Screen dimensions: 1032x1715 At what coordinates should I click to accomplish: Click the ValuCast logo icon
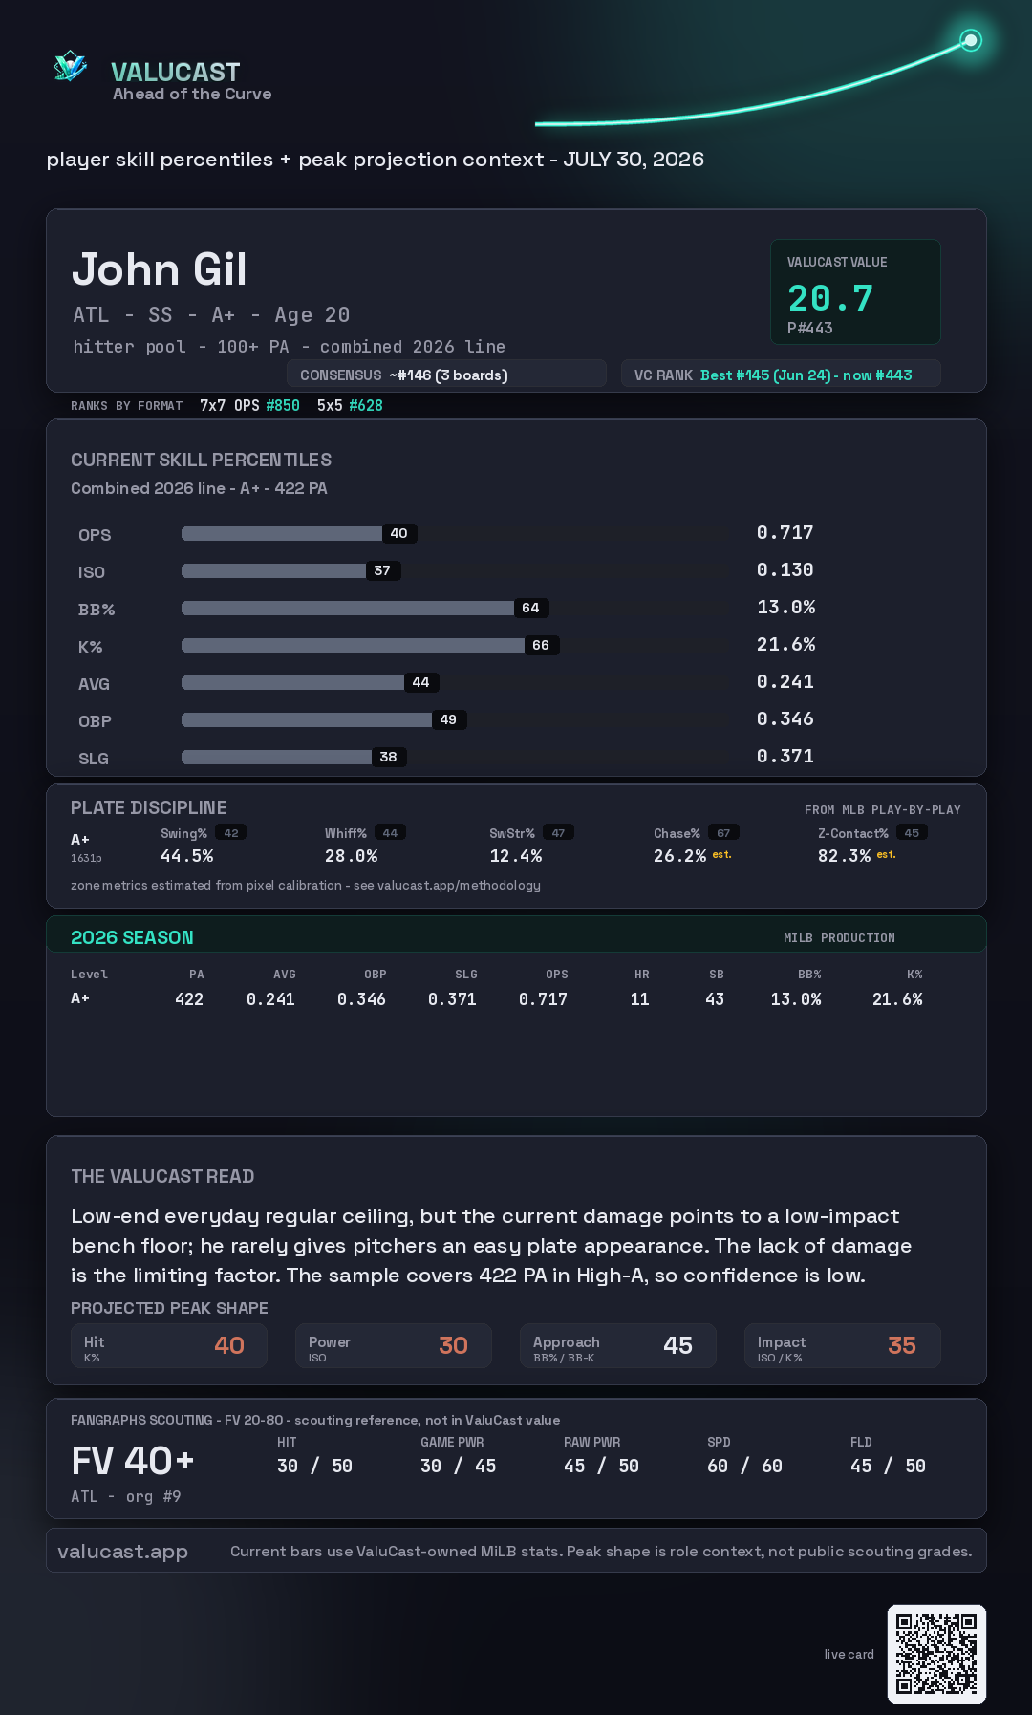(70, 66)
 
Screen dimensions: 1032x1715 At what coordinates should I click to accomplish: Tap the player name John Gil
(160, 269)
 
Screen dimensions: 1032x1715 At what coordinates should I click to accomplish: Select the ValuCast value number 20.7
(830, 298)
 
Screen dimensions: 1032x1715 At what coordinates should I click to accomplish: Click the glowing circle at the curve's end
(971, 40)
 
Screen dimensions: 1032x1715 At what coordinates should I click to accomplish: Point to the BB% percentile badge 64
(530, 608)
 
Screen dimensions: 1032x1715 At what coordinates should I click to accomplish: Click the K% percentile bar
(353, 645)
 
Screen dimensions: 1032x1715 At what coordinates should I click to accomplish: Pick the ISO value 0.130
(785, 569)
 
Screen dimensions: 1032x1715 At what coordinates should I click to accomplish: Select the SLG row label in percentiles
(94, 759)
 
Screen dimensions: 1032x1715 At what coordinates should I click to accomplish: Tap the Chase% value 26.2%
(679, 856)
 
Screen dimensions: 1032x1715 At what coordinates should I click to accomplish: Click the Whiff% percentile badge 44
(390, 833)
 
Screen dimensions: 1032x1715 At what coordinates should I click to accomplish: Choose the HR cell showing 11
(639, 999)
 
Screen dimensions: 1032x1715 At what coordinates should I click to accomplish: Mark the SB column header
(717, 975)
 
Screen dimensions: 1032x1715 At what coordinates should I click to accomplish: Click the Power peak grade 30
(453, 1345)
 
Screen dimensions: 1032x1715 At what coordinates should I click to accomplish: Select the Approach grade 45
(677, 1345)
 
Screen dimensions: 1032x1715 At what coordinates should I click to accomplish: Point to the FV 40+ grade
(133, 1461)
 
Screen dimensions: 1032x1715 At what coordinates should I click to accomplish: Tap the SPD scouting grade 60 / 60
(744, 1466)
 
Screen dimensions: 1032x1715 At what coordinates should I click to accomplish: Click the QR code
(936, 1654)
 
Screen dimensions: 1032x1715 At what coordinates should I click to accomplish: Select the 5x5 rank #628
(366, 405)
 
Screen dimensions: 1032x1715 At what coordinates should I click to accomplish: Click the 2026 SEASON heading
(132, 937)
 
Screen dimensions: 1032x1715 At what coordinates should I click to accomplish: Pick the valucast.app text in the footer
(122, 1552)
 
